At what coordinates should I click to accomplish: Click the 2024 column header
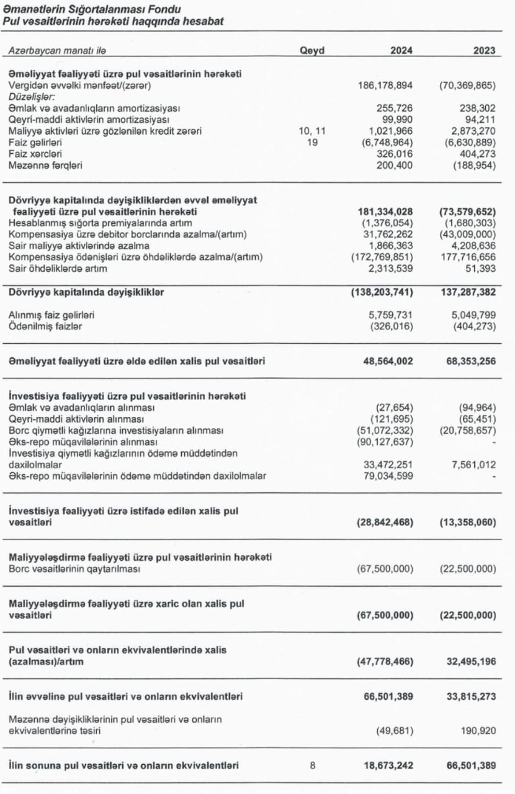pos(401,51)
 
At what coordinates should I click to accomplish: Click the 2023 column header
pos(484,51)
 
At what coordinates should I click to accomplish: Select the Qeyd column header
pos(312,51)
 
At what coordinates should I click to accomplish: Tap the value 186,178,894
pos(385,85)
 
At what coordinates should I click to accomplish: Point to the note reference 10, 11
pos(312,131)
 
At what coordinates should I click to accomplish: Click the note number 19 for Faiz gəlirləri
pos(312,142)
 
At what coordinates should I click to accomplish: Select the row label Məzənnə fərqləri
pos(45,166)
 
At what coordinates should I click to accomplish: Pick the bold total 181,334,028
pos(385,212)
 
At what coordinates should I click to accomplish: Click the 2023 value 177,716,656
pos(468,257)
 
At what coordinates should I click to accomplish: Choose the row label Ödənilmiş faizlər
pos(45,326)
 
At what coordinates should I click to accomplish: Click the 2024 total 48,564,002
pos(388,360)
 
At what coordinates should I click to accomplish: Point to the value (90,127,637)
pos(385,442)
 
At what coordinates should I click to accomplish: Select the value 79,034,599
pos(388,476)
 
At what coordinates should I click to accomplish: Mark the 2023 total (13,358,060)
pos(467,522)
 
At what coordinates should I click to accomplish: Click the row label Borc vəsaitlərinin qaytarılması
pos(74,569)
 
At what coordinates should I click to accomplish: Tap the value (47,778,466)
pos(385,662)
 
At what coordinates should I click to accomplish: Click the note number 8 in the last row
pos(312,765)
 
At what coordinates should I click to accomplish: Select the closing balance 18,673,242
pos(388,765)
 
